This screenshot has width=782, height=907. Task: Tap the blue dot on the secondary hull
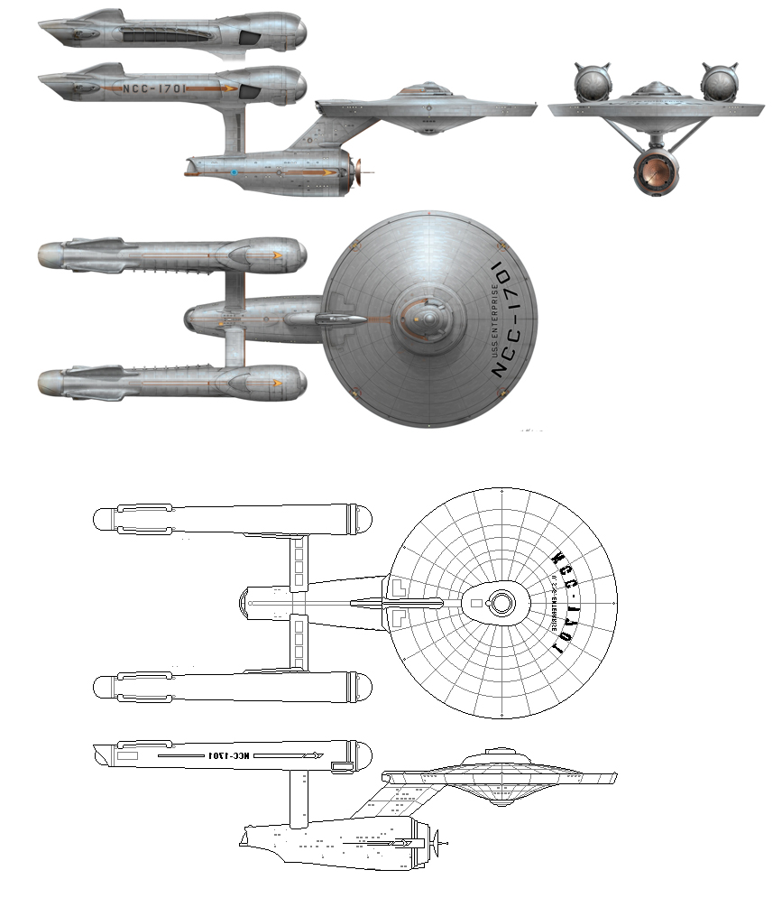pyautogui.click(x=234, y=171)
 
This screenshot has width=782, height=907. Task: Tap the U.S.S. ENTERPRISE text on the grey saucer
pyautogui.click(x=494, y=321)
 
